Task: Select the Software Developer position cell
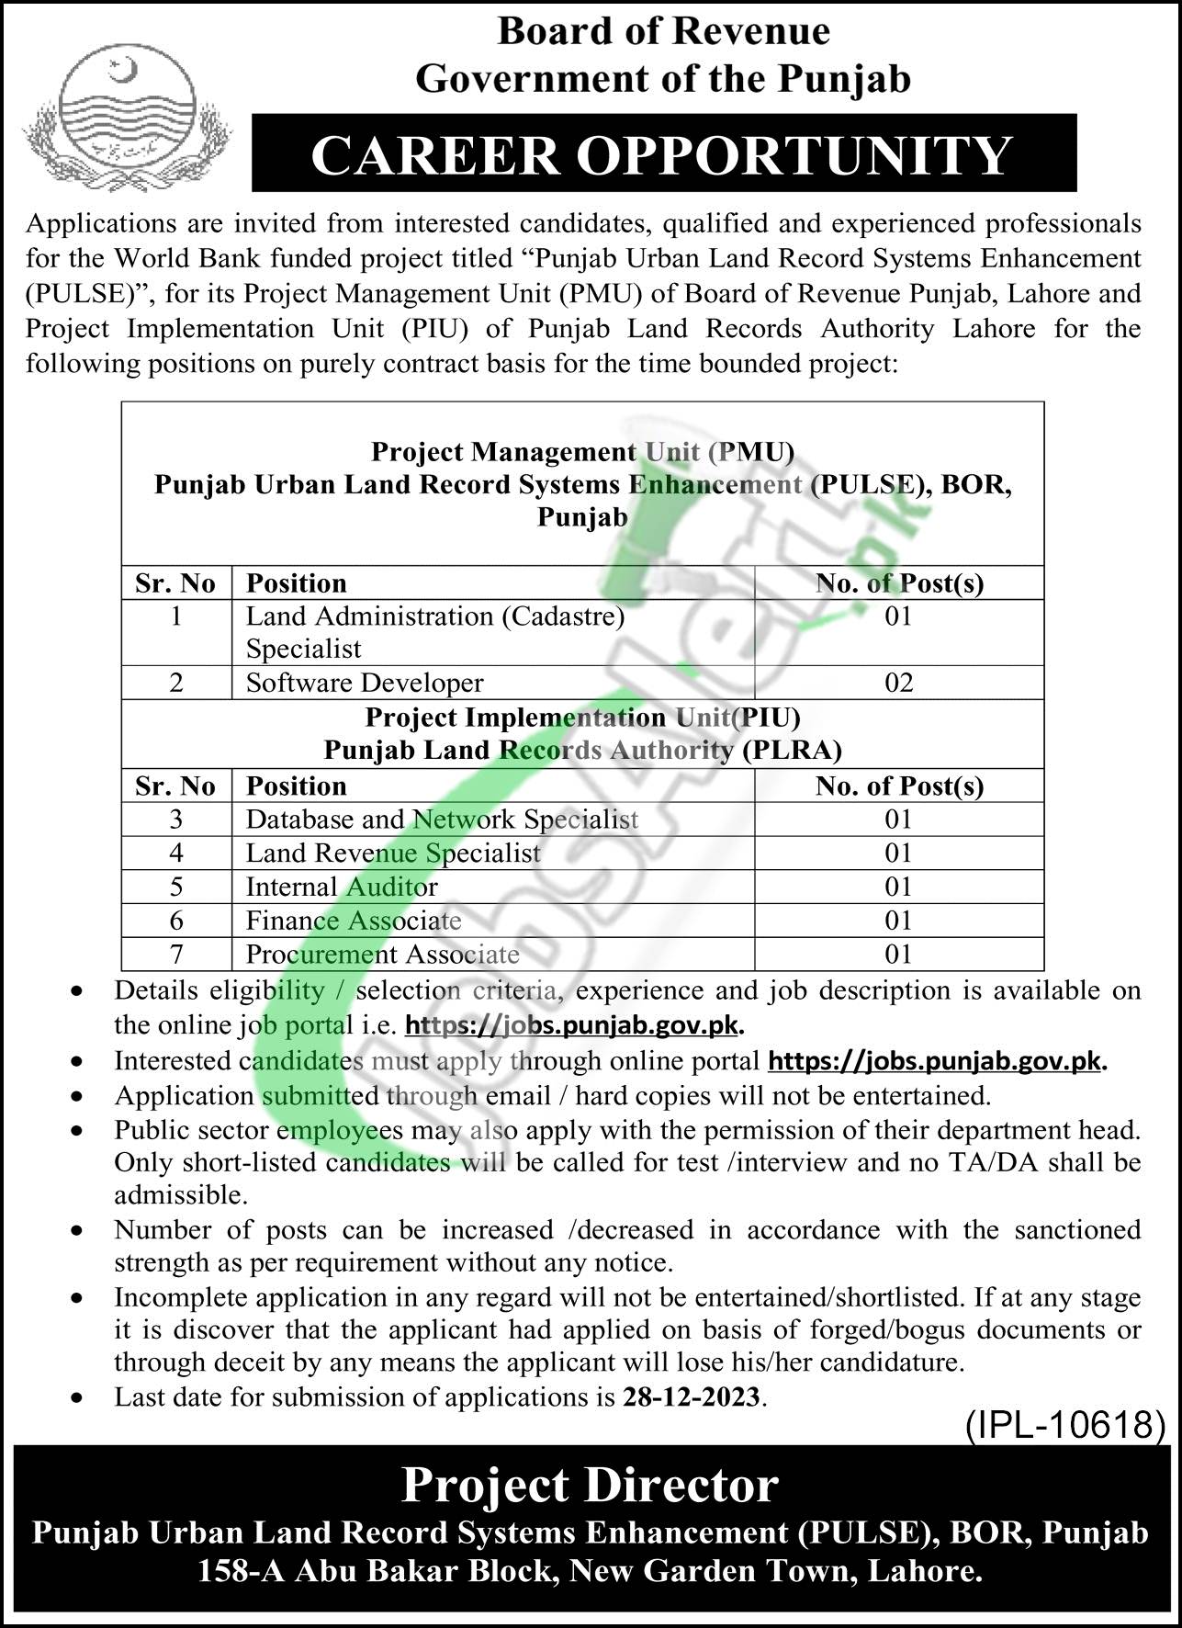coord(364,683)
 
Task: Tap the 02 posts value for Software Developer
coord(898,683)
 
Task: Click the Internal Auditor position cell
coord(342,887)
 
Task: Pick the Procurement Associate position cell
coord(382,955)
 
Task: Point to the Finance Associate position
coord(354,921)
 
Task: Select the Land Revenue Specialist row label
coord(393,854)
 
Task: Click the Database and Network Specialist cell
coord(442,820)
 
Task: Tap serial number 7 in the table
coord(176,955)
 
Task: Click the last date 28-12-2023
coord(691,1397)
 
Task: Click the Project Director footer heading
coord(591,1485)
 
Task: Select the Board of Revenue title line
coord(663,32)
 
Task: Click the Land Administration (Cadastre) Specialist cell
coord(434,632)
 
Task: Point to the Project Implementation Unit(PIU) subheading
coord(582,717)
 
